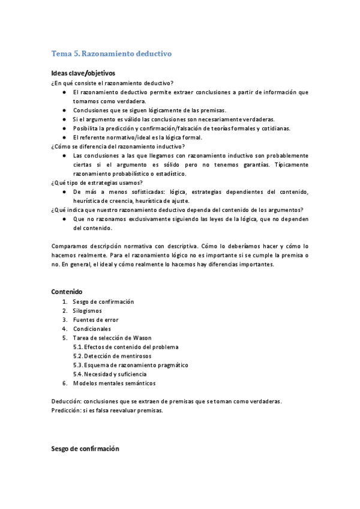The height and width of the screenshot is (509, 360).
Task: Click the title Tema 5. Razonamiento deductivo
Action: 112,53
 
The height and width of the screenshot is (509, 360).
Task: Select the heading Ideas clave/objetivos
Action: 83,73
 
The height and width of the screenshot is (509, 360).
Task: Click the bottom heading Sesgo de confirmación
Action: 85,448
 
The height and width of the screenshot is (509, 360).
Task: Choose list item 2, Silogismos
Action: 87,311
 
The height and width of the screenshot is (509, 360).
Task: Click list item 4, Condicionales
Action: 92,329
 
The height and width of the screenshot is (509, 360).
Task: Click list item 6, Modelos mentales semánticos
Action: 114,383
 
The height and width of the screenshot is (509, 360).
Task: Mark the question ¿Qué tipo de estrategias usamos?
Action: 97,182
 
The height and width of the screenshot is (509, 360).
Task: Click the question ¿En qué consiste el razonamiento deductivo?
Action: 113,83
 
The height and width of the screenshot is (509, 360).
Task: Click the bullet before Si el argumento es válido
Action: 64,119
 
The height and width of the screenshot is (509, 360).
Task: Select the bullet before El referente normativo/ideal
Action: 64,137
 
